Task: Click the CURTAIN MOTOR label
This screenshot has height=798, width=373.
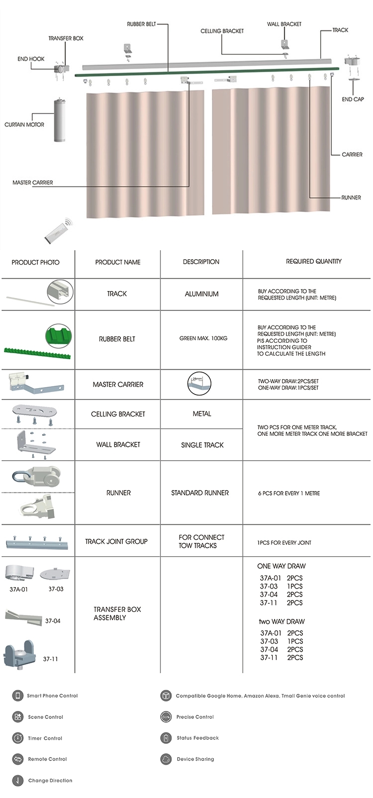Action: (24, 124)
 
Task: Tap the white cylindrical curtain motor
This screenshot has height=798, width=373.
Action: (60, 119)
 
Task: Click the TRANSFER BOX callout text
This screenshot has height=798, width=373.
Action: (66, 38)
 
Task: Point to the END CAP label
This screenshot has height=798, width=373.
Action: (353, 99)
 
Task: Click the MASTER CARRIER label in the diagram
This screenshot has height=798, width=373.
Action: (33, 183)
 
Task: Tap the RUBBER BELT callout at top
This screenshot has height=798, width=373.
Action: (141, 24)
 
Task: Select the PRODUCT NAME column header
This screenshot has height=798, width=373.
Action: (118, 262)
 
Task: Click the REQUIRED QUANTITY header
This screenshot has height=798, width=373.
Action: (313, 261)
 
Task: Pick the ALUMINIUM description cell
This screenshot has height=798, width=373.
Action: (201, 294)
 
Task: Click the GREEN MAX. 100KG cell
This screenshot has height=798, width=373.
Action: (203, 338)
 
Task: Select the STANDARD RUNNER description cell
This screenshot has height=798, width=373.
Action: (200, 493)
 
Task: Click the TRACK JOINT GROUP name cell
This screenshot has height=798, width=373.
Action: (116, 541)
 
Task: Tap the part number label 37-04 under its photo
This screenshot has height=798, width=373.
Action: (53, 621)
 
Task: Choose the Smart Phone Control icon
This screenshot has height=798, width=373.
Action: (18, 696)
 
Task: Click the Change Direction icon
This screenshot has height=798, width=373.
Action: (18, 781)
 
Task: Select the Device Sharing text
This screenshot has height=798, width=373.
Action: (195, 759)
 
